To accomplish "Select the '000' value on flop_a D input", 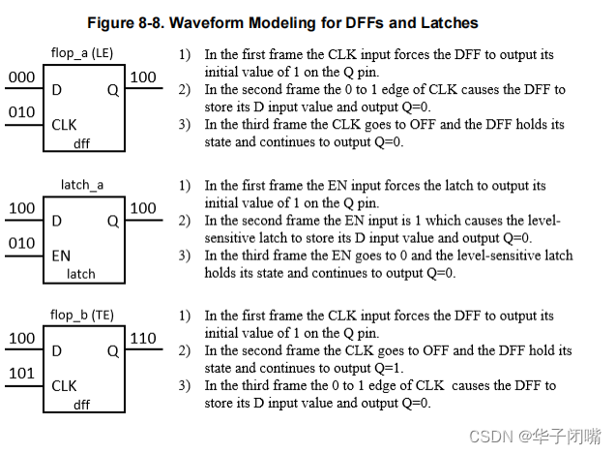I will pyautogui.click(x=21, y=76).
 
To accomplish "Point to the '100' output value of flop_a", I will pyautogui.click(x=143, y=76).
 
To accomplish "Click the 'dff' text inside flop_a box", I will pyautogui.click(x=82, y=143).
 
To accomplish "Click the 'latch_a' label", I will pyautogui.click(x=81, y=184).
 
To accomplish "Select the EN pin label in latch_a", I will pyautogui.click(x=61, y=256).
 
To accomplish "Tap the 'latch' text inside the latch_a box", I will pyautogui.click(x=81, y=274).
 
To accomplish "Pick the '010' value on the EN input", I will pyautogui.click(x=21, y=244).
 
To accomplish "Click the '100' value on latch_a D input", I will pyautogui.click(x=21, y=208).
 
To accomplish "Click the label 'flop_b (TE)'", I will pyautogui.click(x=82, y=316).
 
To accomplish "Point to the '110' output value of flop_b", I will pyautogui.click(x=143, y=339).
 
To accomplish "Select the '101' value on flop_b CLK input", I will pyautogui.click(x=21, y=375).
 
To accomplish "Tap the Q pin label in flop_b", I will pyautogui.click(x=112, y=350).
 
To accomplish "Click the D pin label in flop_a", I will pyautogui.click(x=57, y=89).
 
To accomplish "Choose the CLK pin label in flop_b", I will pyautogui.click(x=64, y=386).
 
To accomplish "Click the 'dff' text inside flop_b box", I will pyautogui.click(x=82, y=405).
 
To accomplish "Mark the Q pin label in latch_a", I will pyautogui.click(x=112, y=221).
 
